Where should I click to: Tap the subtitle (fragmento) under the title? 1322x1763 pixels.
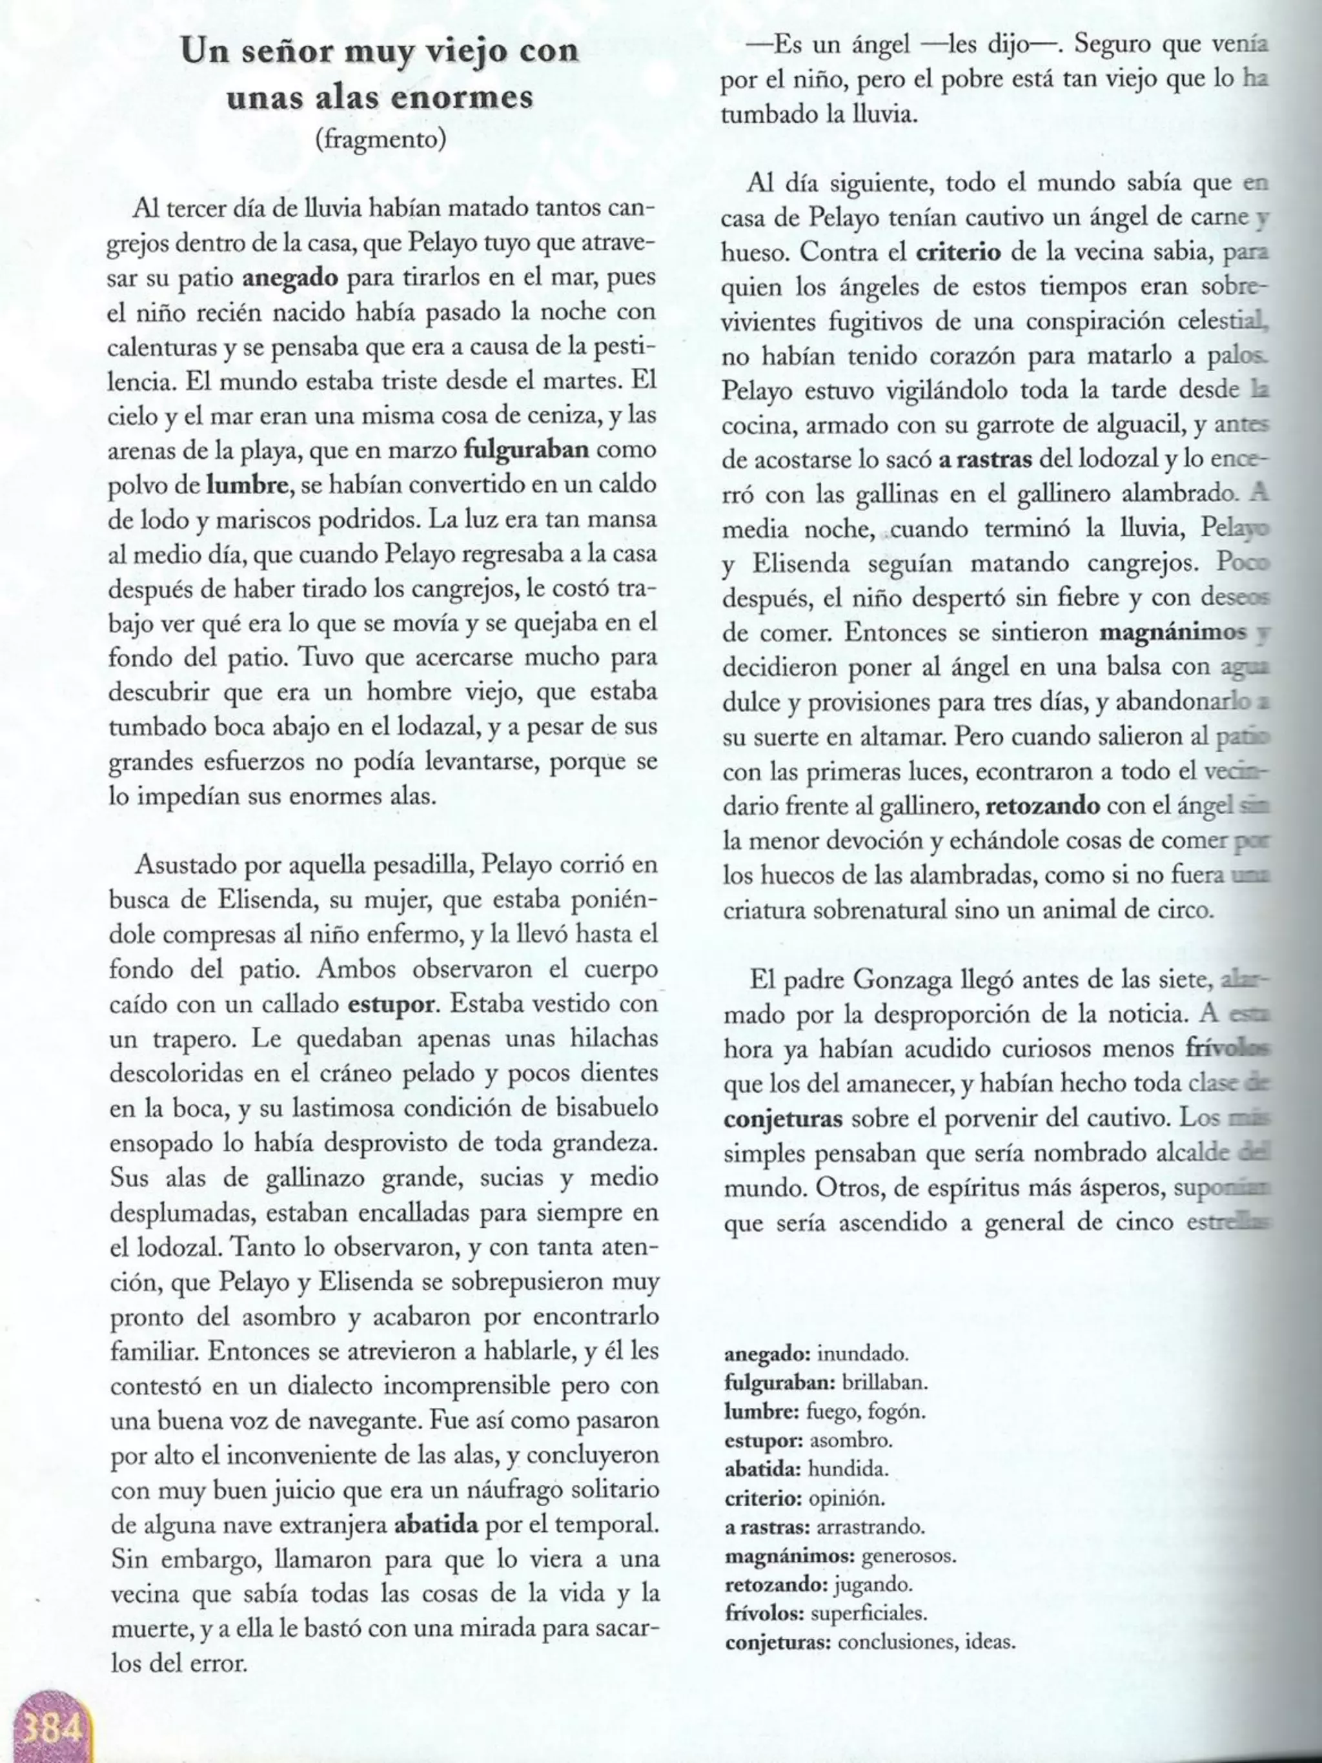(x=380, y=139)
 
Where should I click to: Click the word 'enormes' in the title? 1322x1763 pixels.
(x=476, y=98)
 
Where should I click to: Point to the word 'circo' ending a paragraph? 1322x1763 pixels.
(x=1183, y=910)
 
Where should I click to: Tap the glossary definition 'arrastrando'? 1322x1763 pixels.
(x=871, y=1527)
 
